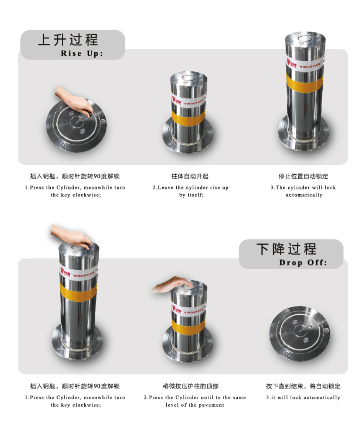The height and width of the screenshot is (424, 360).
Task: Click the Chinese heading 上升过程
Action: coord(68,40)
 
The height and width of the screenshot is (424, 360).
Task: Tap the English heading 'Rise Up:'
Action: coord(82,54)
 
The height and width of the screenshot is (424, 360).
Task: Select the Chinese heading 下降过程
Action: coord(286,249)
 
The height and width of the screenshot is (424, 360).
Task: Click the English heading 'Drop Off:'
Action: coord(303,263)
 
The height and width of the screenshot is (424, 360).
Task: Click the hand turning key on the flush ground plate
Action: coord(76,102)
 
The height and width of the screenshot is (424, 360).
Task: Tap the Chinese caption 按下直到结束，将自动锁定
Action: coord(303,386)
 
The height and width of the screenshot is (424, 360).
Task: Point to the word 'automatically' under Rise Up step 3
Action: coord(304,195)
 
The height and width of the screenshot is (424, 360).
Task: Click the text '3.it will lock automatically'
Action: coord(303,398)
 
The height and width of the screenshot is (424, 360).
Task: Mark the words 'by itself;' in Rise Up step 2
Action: coord(191,195)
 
